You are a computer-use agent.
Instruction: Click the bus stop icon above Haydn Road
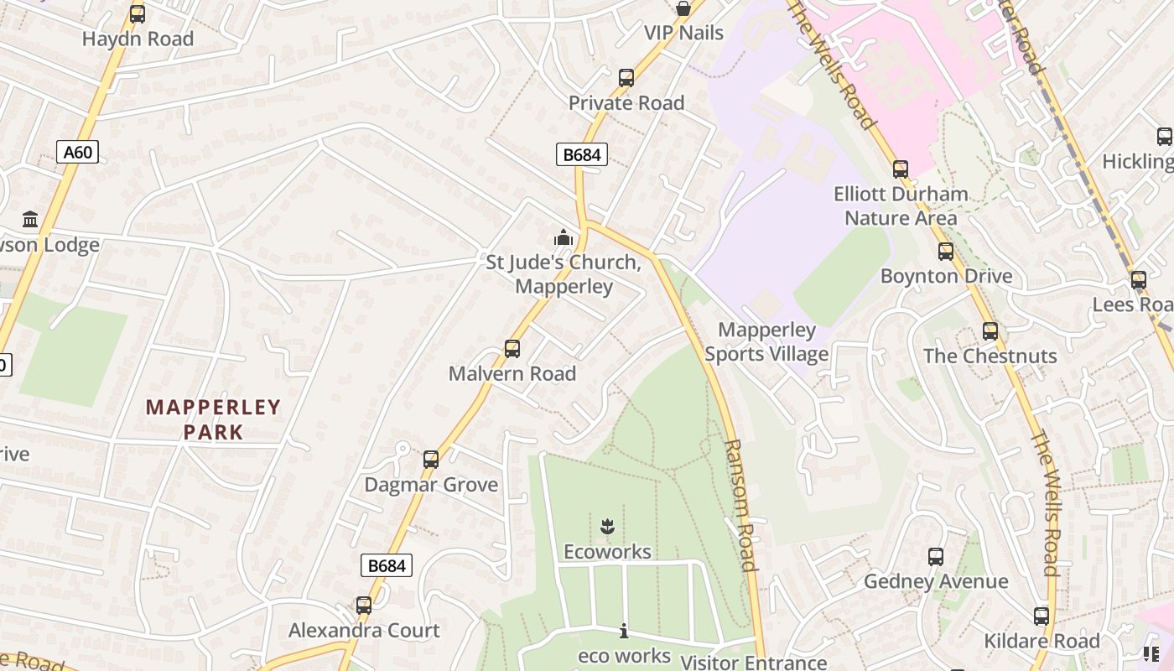[138, 14]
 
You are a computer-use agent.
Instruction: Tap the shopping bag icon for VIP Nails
[683, 9]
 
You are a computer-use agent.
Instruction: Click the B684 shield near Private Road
[581, 154]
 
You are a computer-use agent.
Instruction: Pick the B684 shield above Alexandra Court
[387, 565]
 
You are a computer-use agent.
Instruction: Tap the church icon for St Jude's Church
[564, 238]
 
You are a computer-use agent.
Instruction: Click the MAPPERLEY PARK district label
[213, 419]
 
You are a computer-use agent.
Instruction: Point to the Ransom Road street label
[740, 505]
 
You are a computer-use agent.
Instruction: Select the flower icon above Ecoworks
[608, 527]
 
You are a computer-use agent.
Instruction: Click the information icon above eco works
[624, 631]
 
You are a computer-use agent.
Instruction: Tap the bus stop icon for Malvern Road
[512, 349]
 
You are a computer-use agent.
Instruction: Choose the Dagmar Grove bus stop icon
[431, 460]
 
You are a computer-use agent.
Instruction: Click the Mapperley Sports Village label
[766, 341]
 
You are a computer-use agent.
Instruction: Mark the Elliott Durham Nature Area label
[901, 205]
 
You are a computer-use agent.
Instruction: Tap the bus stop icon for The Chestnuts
[990, 331]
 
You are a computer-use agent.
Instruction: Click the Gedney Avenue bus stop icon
[936, 557]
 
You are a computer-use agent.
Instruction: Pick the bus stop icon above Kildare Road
[1042, 616]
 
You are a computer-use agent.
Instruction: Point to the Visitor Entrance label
[753, 662]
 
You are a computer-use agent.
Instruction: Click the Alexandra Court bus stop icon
[364, 606]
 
